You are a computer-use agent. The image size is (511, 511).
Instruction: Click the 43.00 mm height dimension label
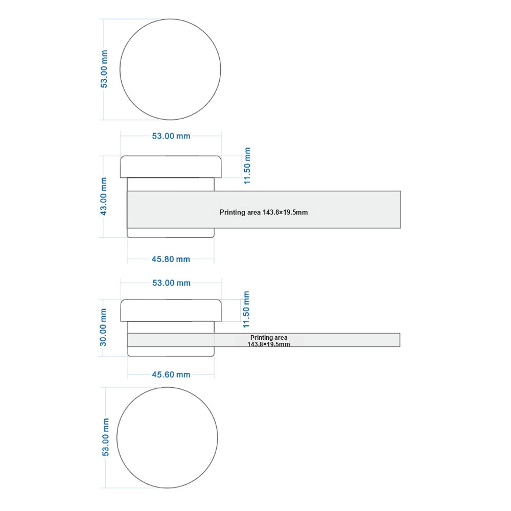pos(104,197)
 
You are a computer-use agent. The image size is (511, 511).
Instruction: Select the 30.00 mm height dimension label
pos(103,327)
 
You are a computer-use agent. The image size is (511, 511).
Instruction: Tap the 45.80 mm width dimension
pos(171,259)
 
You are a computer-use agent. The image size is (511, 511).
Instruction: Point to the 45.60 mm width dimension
pos(171,375)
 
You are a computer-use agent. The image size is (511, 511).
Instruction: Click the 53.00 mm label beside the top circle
pos(104,69)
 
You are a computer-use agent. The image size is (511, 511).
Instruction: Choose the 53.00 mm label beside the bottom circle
pos(106,437)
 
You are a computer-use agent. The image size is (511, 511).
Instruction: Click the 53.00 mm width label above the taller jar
pos(171,136)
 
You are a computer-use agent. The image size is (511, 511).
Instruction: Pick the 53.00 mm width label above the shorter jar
pos(171,283)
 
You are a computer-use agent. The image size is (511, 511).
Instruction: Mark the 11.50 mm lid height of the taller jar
pos(247,166)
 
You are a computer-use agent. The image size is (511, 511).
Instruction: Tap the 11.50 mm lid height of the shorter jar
pos(246,310)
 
